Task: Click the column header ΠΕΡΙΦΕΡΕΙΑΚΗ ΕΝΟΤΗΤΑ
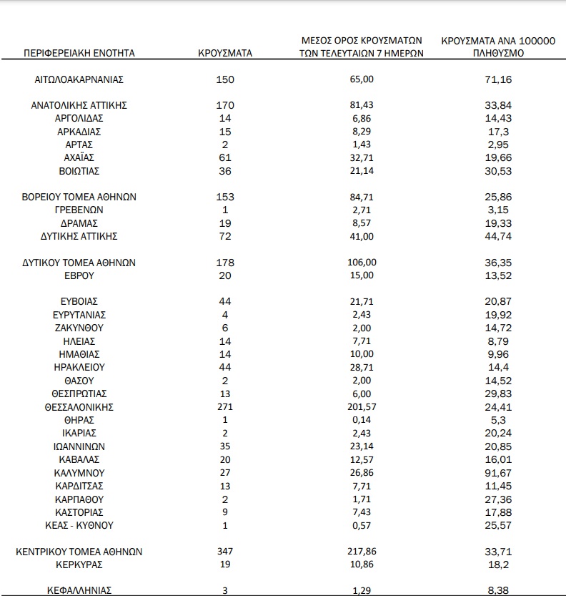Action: [79, 53]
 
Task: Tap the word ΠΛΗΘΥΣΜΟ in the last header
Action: [498, 53]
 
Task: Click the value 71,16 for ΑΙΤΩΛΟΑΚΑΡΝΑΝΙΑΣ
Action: [498, 79]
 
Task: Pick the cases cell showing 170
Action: [225, 105]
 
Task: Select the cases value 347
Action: [225, 552]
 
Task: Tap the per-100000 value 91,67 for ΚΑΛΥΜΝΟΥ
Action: [498, 473]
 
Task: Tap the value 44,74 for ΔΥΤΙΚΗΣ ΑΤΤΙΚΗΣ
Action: [498, 236]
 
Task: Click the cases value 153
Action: [225, 197]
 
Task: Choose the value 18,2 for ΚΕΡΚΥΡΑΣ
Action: [498, 565]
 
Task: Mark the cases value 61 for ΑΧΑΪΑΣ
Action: [225, 157]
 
